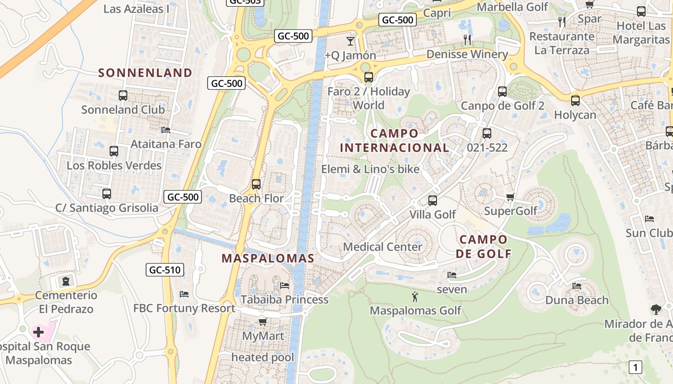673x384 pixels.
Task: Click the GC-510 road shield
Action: coord(165,270)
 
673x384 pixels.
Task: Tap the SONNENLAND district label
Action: coord(145,73)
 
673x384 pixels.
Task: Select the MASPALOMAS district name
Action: coord(268,258)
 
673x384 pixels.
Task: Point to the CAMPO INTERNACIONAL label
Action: coord(394,141)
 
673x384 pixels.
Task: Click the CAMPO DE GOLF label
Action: coord(483,246)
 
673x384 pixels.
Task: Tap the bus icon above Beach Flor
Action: coord(256,184)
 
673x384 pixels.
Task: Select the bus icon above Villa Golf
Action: coord(433,201)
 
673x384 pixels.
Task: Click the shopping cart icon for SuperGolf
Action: coord(511,197)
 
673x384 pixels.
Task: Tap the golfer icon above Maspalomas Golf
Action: coord(415,297)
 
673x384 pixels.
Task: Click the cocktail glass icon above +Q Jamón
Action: coord(350,41)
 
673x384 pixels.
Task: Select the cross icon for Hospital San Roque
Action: coord(38,332)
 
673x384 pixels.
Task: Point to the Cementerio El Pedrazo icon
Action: coord(66,281)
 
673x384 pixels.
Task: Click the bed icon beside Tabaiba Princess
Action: coord(285,286)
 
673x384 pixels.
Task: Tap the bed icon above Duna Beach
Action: coord(577,286)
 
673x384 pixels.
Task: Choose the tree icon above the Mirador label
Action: coord(656,310)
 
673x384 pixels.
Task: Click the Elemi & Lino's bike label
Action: coord(370,169)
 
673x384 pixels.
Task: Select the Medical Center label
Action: coord(383,247)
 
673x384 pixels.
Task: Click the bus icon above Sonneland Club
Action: coord(123,96)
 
